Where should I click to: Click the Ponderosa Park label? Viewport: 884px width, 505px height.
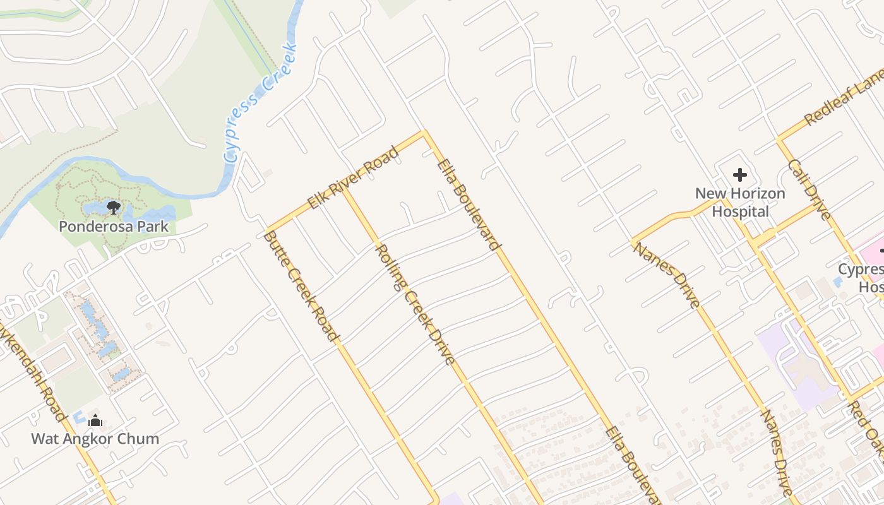click(114, 226)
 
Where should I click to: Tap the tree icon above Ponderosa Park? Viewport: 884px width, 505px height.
click(114, 206)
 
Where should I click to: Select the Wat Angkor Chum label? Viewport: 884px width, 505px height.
click(95, 438)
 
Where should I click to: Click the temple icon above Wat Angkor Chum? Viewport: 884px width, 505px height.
click(95, 420)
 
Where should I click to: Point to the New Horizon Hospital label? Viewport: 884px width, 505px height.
click(740, 202)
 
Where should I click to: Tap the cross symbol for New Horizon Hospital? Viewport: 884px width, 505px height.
click(740, 175)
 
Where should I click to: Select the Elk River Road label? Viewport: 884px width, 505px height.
click(353, 178)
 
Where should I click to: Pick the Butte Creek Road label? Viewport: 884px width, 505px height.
click(299, 286)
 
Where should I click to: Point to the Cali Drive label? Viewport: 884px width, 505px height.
click(810, 189)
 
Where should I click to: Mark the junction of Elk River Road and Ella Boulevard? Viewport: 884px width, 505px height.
click(424, 133)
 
